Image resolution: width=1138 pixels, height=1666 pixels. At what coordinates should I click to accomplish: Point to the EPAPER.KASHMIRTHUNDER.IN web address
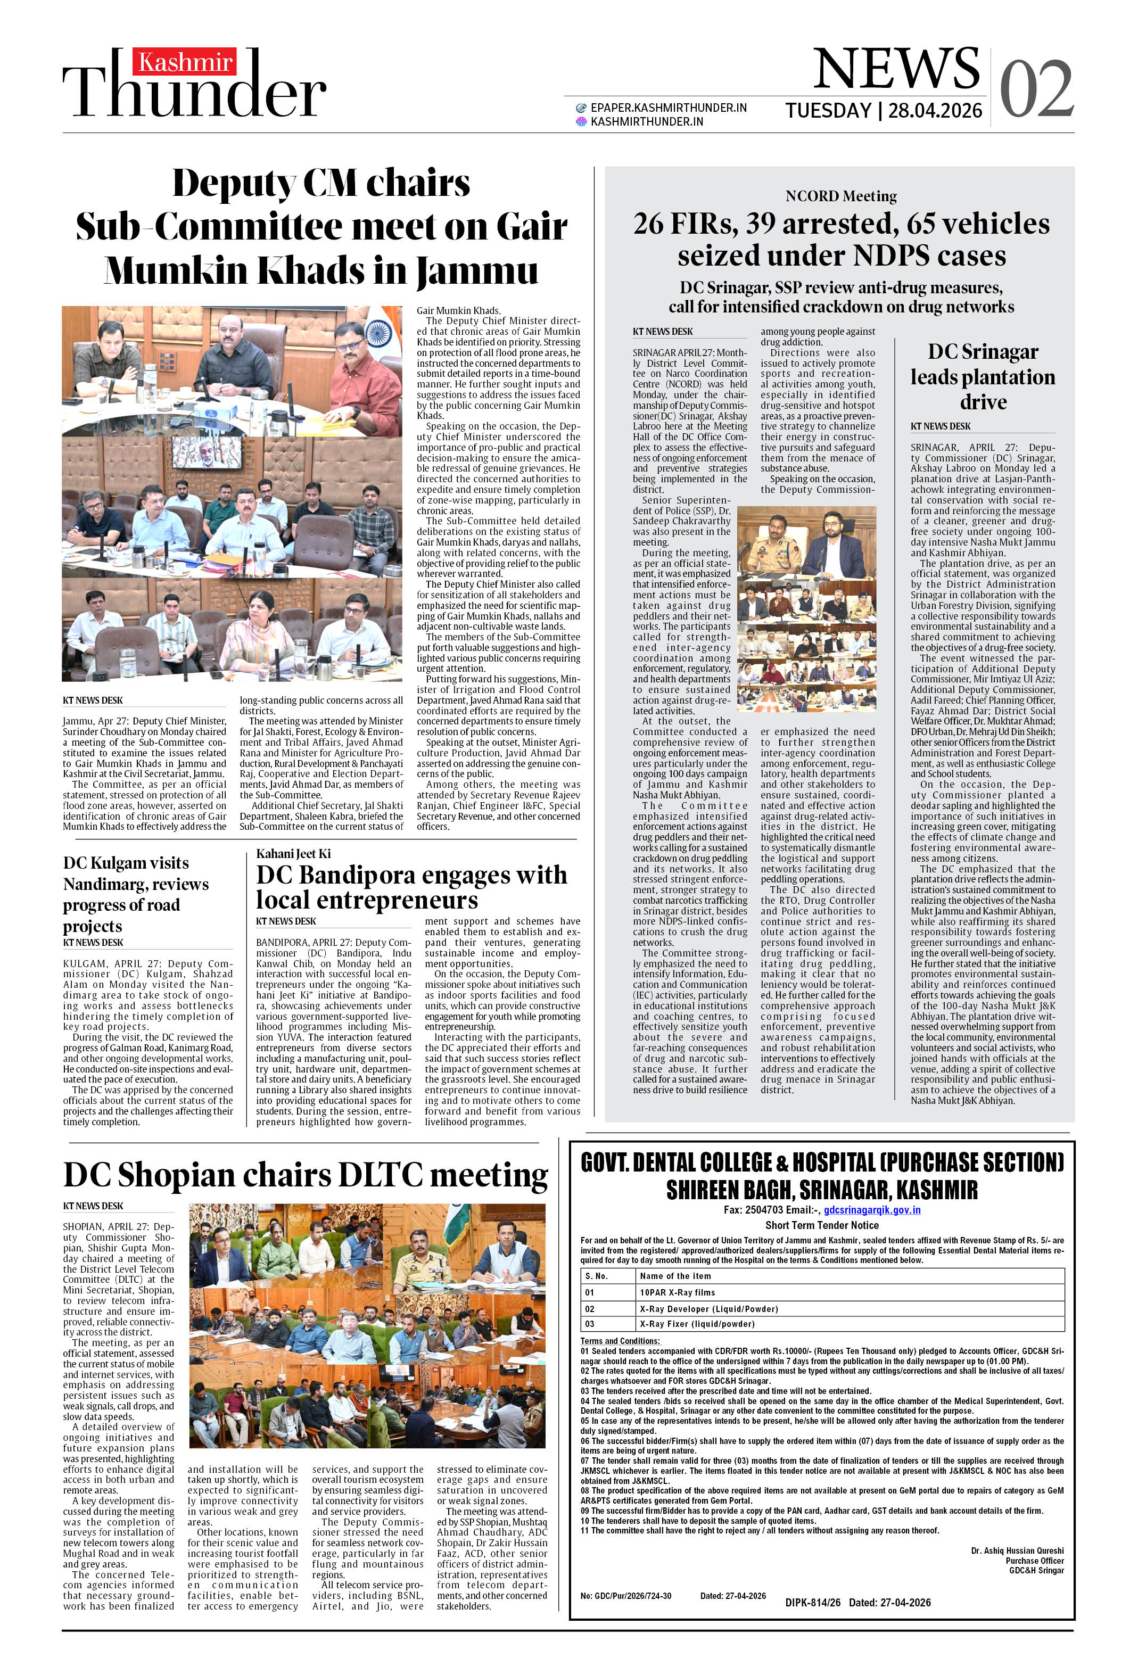669,108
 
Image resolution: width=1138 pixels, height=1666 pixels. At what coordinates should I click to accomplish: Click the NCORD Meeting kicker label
840,196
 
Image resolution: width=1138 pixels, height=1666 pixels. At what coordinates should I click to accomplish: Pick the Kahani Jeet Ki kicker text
293,853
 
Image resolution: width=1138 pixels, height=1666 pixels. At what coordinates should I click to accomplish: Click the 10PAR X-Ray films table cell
677,1292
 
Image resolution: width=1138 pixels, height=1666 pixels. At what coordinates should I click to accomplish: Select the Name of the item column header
675,1275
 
